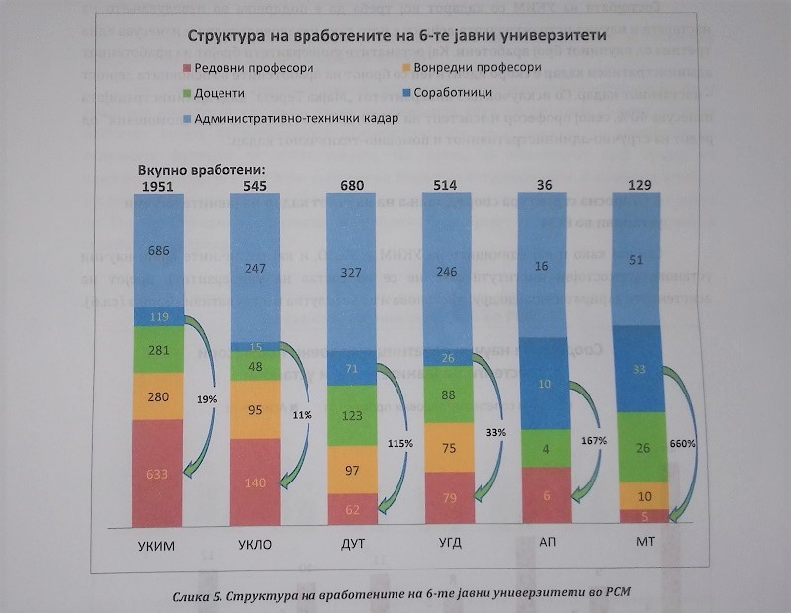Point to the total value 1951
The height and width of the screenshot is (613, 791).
pyautogui.click(x=159, y=186)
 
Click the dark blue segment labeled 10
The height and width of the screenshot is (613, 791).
pyautogui.click(x=544, y=384)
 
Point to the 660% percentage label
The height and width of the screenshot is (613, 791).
pyautogui.click(x=682, y=444)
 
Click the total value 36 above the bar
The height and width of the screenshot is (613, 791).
pyautogui.click(x=543, y=184)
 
